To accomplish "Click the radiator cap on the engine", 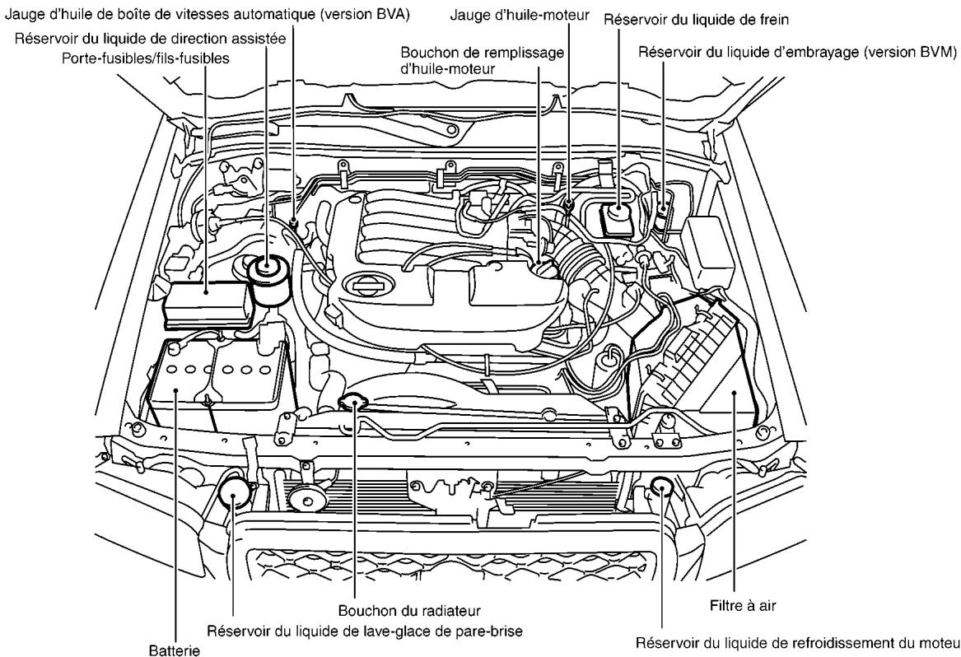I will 352,402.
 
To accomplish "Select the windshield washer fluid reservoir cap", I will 234,494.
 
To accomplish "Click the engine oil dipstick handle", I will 569,203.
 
